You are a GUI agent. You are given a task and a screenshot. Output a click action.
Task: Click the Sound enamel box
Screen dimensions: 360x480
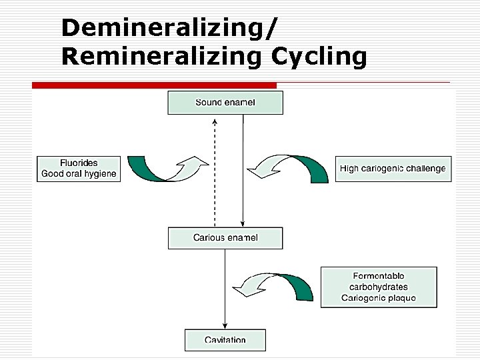click(225, 103)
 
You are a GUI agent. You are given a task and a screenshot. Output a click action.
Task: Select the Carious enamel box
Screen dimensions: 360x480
click(225, 238)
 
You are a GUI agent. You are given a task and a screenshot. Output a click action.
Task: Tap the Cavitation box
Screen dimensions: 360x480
click(225, 340)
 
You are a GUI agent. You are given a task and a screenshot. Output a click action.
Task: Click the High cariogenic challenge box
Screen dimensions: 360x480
click(392, 169)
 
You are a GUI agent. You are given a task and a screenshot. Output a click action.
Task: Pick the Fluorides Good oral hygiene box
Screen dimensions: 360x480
click(79, 169)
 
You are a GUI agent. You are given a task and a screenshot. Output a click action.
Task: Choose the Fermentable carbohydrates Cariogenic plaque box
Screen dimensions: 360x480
click(379, 287)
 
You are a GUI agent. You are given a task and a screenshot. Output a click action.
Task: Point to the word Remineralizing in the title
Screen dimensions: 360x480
click(163, 57)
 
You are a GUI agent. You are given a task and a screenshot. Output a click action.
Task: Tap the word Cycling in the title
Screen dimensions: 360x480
click(319, 57)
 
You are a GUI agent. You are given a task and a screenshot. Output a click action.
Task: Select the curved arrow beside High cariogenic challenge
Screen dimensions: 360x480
click(293, 169)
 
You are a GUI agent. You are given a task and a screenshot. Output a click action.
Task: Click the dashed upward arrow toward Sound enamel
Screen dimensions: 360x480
click(215, 173)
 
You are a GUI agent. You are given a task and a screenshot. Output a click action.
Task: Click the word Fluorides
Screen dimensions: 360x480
click(79, 163)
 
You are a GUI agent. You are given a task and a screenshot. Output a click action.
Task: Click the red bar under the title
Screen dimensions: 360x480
click(155, 85)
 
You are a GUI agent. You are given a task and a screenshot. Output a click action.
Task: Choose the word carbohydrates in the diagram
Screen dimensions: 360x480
click(379, 287)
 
